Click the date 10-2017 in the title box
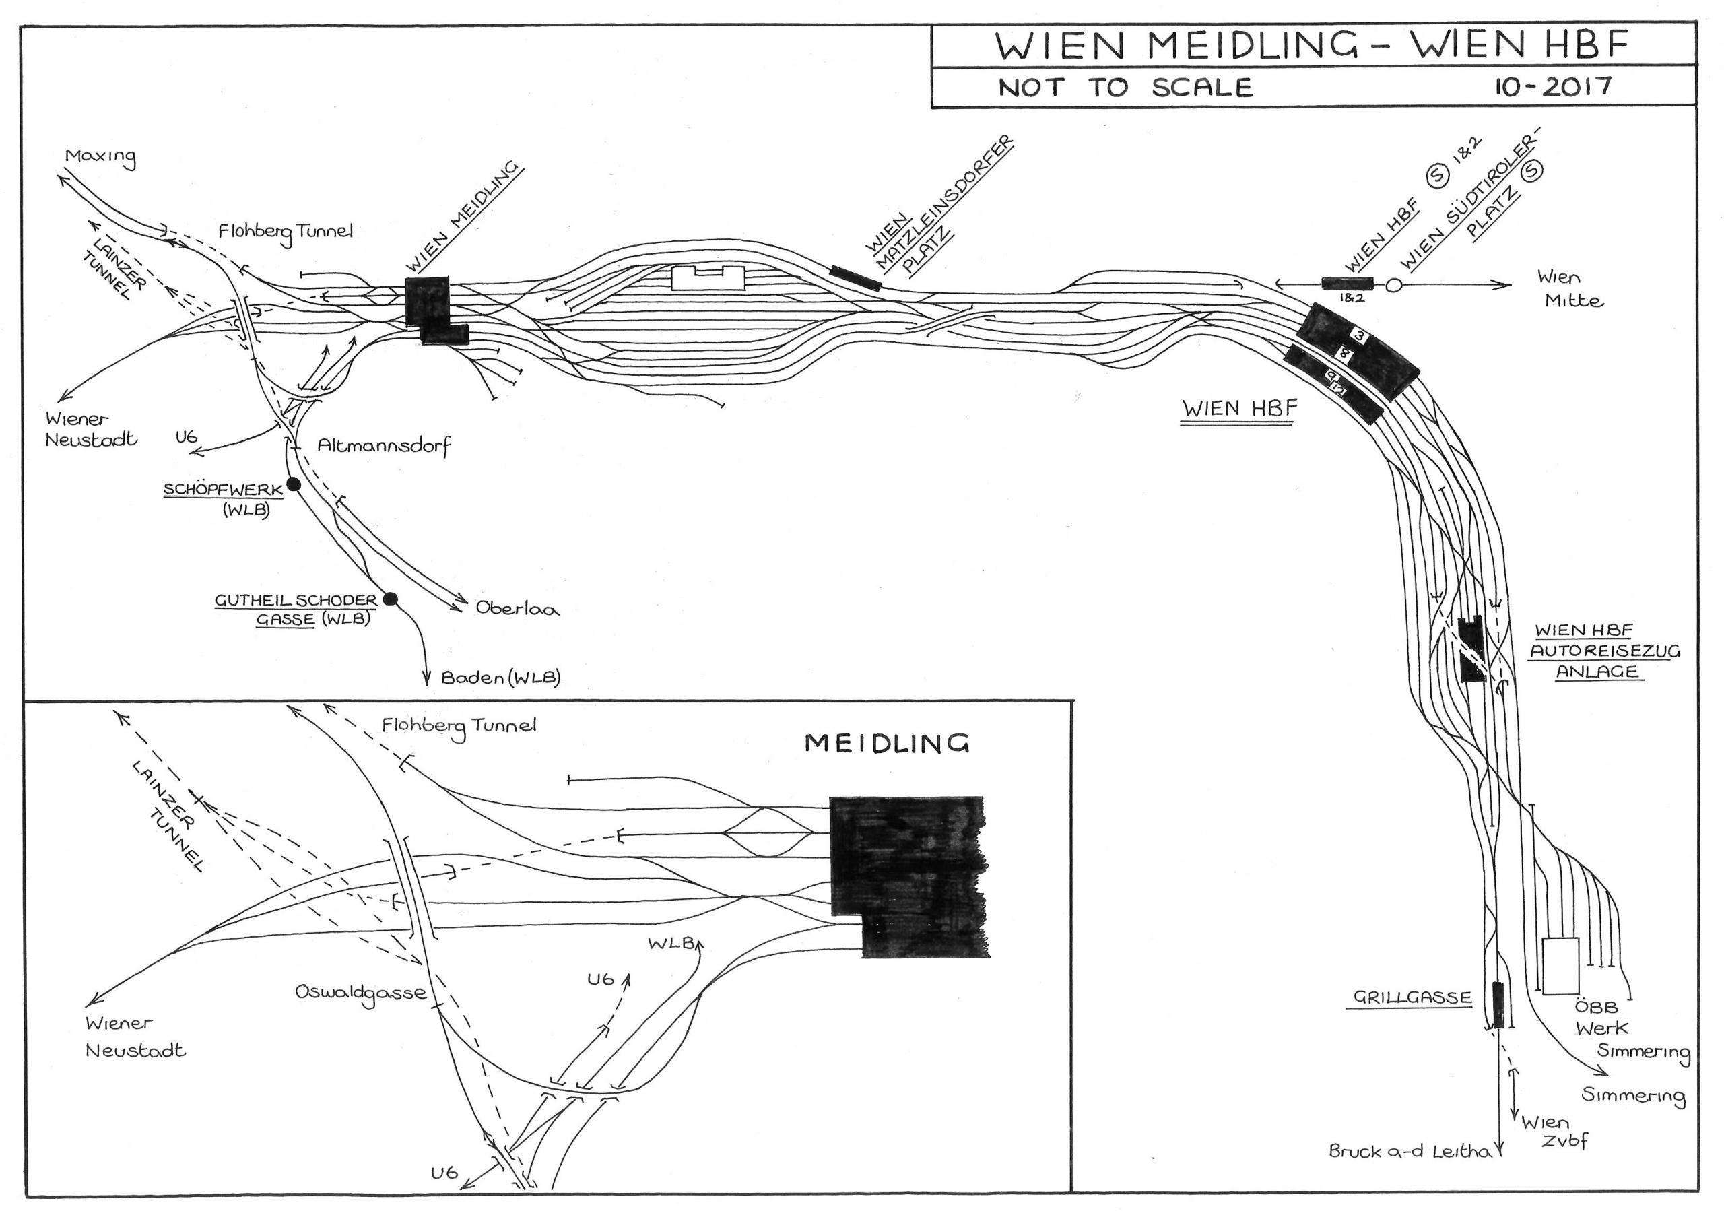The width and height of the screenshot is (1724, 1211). (x=1552, y=86)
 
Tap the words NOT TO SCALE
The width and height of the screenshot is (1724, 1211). (x=1125, y=88)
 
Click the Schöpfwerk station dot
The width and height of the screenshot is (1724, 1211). (x=294, y=484)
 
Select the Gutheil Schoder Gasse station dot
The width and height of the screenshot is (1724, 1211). (x=390, y=598)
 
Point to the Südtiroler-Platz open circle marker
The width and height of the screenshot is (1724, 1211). (x=1393, y=286)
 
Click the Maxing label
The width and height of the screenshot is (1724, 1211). (x=100, y=157)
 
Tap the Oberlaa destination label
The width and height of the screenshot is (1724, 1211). (x=517, y=608)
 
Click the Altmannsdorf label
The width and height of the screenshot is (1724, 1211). (x=384, y=446)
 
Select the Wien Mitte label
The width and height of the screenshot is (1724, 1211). (x=1568, y=289)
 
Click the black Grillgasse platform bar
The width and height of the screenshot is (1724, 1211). (x=1498, y=1004)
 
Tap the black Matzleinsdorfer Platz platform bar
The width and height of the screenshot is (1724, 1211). (x=855, y=277)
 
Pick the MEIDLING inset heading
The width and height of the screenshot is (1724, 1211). (x=887, y=744)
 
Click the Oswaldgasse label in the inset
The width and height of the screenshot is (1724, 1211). (x=361, y=993)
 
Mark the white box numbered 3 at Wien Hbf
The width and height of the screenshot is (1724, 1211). (x=1360, y=336)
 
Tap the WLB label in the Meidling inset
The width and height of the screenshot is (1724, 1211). (x=671, y=942)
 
